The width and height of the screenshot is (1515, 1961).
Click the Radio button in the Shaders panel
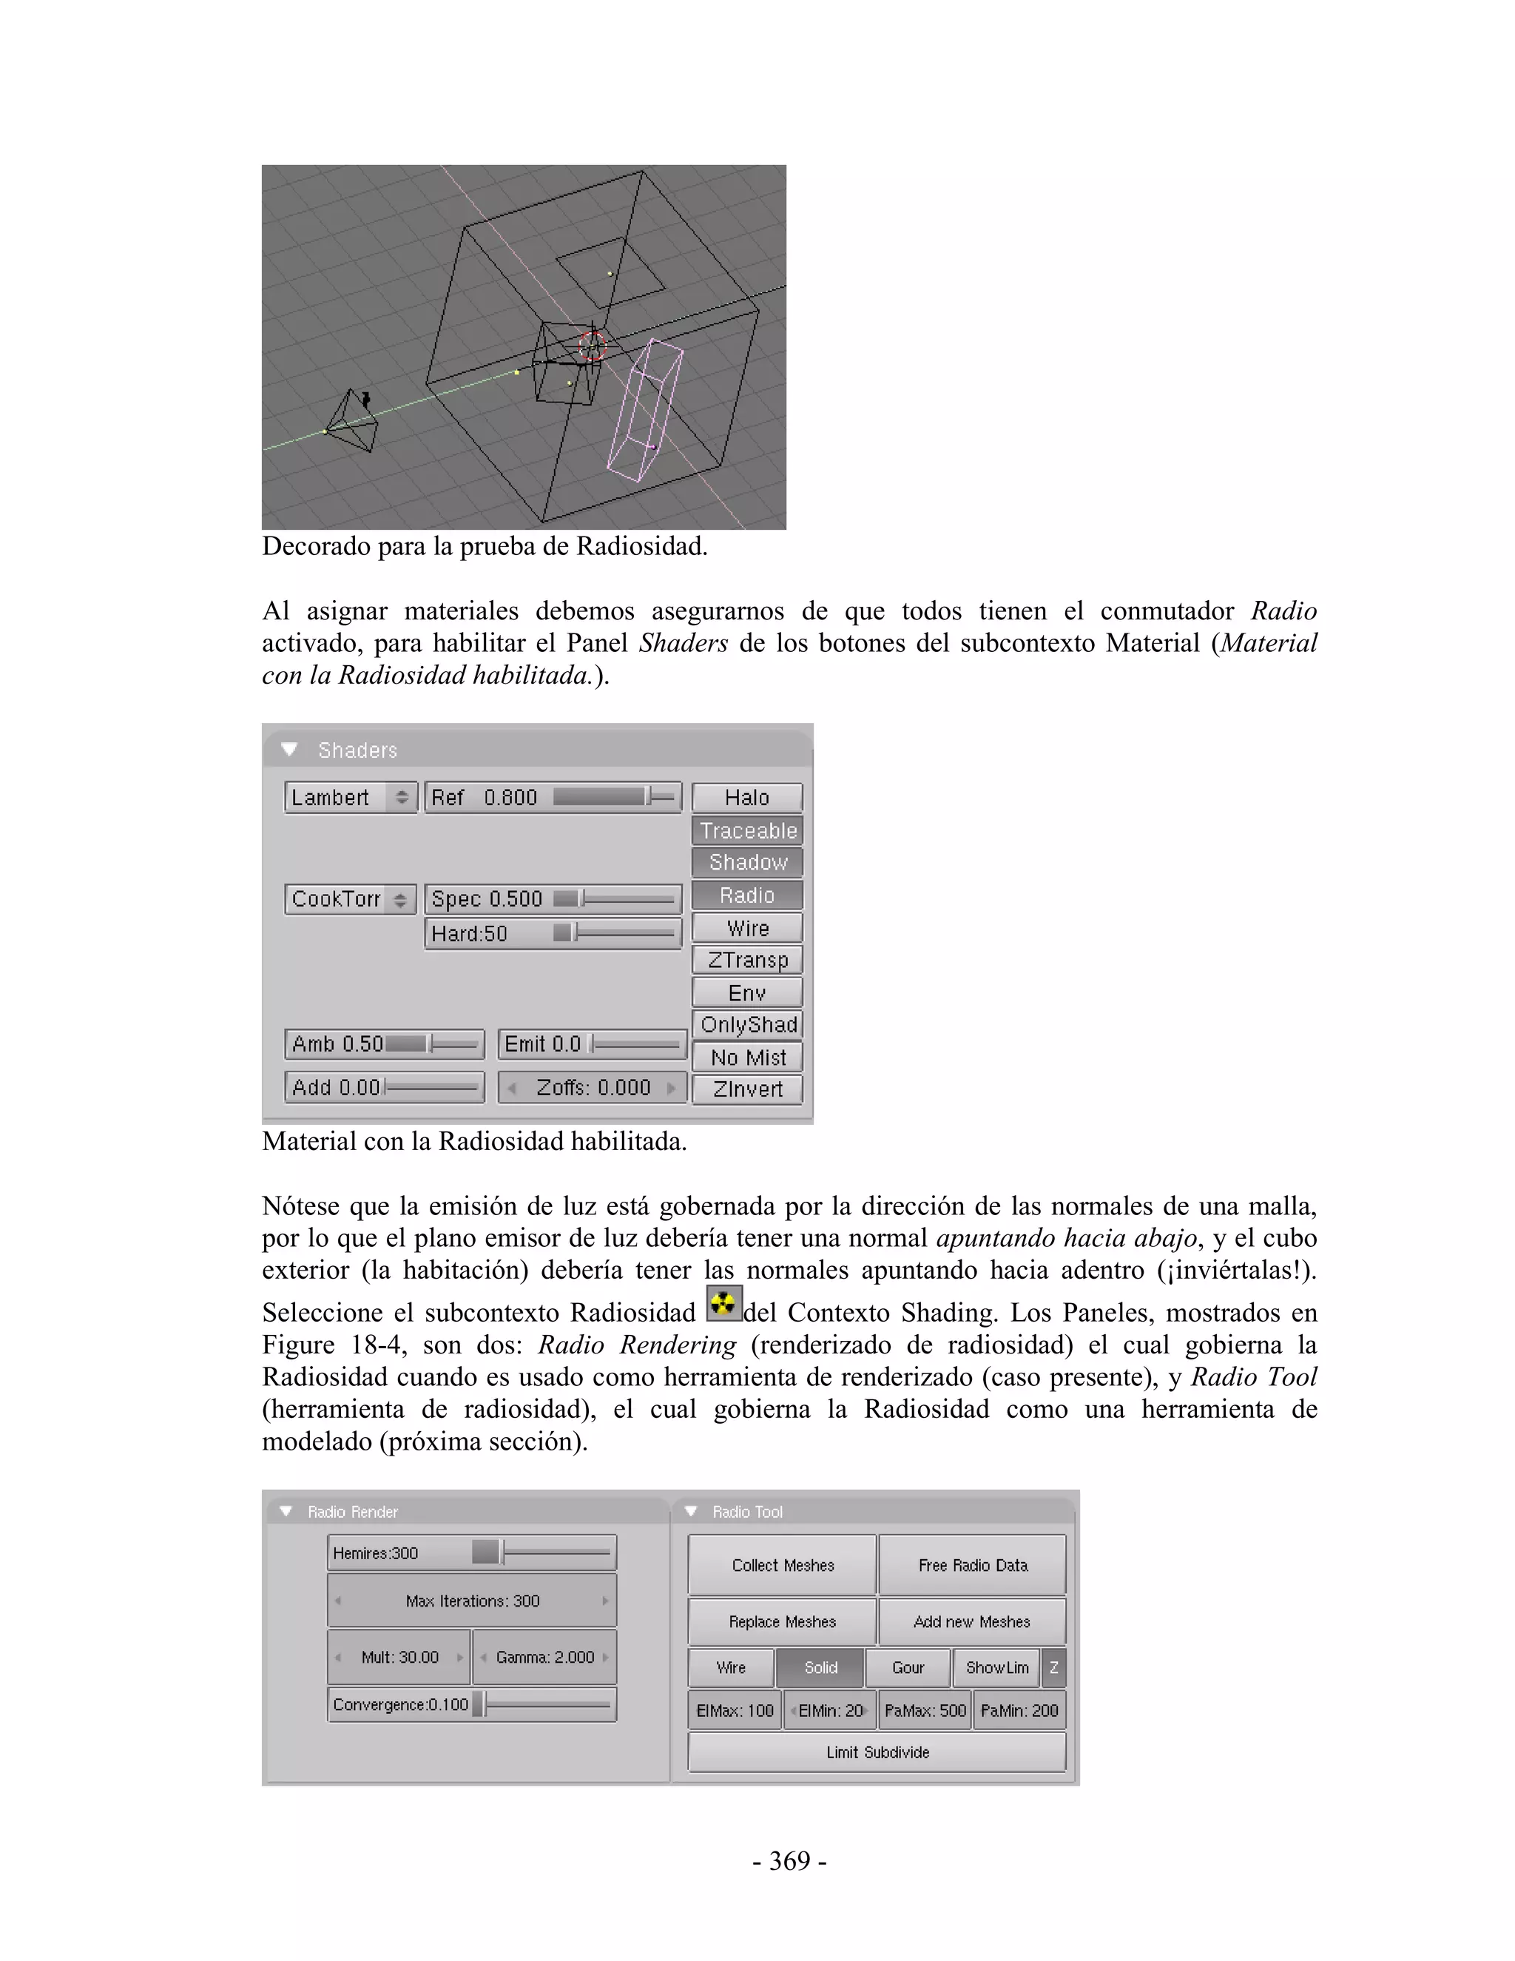pyautogui.click(x=746, y=895)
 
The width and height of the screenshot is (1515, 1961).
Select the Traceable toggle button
pyautogui.click(x=746, y=830)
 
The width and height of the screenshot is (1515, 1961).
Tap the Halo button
pyautogui.click(x=746, y=797)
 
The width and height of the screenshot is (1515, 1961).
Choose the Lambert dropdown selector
pyautogui.click(x=350, y=797)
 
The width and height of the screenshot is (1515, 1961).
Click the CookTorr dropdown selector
pyautogui.click(x=350, y=899)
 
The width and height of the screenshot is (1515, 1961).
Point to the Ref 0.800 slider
pyautogui.click(x=552, y=797)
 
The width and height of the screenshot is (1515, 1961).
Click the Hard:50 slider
pyautogui.click(x=552, y=934)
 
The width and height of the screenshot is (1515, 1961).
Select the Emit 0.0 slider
pyautogui.click(x=593, y=1044)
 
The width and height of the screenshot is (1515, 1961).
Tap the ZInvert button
pyautogui.click(x=746, y=1089)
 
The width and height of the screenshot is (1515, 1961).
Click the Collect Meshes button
pyautogui.click(x=782, y=1565)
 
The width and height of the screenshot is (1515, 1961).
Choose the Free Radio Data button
pyautogui.click(x=972, y=1565)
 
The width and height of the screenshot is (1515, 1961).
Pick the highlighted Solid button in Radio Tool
pyautogui.click(x=820, y=1667)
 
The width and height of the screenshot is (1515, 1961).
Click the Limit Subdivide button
pyautogui.click(x=877, y=1752)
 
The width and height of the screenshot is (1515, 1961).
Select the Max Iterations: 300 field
pyautogui.click(x=472, y=1601)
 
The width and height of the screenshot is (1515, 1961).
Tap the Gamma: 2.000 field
pyautogui.click(x=544, y=1657)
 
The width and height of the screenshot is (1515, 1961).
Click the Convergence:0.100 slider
pyautogui.click(x=472, y=1704)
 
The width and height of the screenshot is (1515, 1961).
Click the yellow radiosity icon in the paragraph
pyautogui.click(x=723, y=1304)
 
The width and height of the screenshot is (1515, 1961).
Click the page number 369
pyautogui.click(x=789, y=1860)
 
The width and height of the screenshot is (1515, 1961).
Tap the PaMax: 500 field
pyautogui.click(x=925, y=1710)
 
